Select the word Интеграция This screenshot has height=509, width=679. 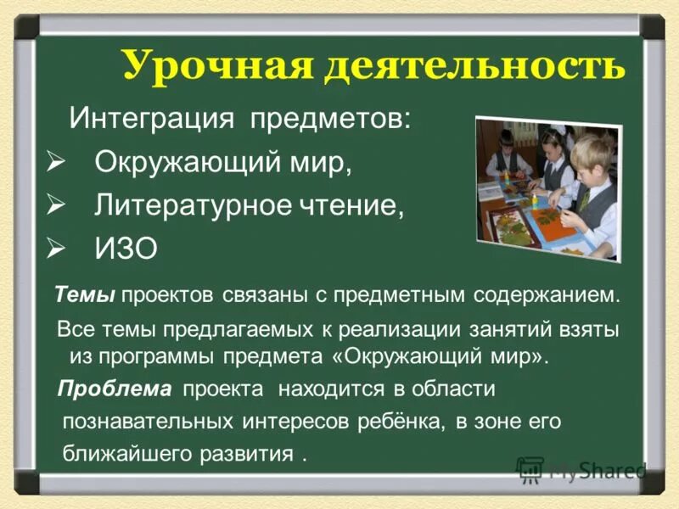[x=150, y=116]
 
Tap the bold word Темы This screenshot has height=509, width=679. [x=85, y=296]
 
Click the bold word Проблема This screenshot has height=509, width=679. [x=114, y=389]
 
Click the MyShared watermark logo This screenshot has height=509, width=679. [x=581, y=470]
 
